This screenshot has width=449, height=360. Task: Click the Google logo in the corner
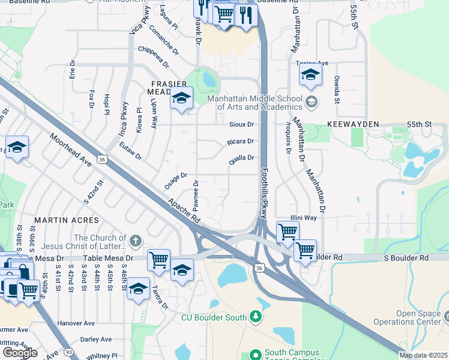(x=19, y=352)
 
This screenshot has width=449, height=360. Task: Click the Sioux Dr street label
(x=242, y=124)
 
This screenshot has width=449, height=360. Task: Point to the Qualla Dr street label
(x=241, y=158)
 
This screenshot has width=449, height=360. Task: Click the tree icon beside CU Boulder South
(x=256, y=316)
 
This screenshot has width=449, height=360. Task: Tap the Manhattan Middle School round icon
(x=311, y=101)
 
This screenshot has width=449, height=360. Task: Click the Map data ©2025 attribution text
(x=423, y=355)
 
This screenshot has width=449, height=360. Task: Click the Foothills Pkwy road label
(x=264, y=192)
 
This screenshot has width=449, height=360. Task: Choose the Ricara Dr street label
(x=241, y=142)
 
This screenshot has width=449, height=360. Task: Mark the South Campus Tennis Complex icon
(x=256, y=355)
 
